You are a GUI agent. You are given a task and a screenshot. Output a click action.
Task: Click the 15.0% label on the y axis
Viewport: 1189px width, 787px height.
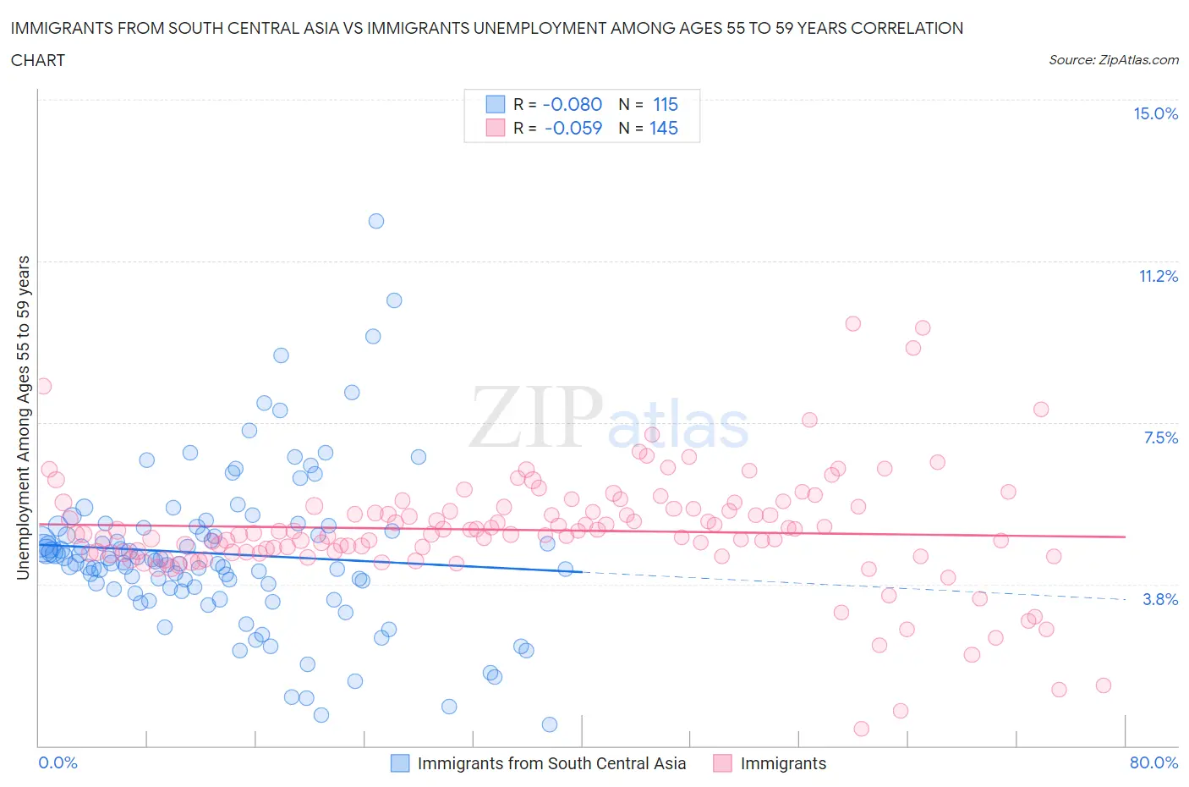click(1155, 113)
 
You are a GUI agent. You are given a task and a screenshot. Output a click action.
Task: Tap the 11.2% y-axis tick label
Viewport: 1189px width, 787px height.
click(1158, 276)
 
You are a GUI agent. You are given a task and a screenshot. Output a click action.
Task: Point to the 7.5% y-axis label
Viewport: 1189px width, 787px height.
click(1160, 438)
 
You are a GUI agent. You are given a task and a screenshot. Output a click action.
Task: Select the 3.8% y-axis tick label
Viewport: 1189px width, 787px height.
click(1160, 599)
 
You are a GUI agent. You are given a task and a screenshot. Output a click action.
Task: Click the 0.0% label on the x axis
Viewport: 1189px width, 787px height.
click(58, 762)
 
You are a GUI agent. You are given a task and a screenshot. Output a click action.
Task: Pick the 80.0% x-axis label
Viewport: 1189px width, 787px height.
click(1153, 762)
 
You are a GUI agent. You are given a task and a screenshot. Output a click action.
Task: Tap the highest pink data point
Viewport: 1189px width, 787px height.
click(852, 323)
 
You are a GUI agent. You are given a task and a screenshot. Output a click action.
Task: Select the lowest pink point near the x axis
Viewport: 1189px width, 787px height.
click(861, 729)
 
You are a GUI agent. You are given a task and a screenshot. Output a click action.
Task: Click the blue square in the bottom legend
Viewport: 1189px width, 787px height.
click(399, 763)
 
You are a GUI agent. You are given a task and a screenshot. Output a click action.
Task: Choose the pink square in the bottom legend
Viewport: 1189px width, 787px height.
click(722, 763)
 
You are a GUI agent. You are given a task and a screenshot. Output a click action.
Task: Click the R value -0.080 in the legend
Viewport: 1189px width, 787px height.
click(572, 104)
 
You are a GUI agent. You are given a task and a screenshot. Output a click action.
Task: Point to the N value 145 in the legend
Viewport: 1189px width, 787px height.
click(664, 128)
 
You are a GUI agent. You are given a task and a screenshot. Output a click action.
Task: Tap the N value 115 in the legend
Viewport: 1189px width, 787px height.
click(666, 104)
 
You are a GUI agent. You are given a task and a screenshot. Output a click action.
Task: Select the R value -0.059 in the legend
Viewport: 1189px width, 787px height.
click(573, 128)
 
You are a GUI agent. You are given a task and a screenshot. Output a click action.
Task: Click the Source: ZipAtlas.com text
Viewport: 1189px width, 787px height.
click(1113, 59)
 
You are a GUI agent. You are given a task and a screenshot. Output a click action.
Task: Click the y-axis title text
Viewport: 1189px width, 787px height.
click(23, 418)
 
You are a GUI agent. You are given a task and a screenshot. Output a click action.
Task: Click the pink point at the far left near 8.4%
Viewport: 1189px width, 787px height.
click(42, 386)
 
